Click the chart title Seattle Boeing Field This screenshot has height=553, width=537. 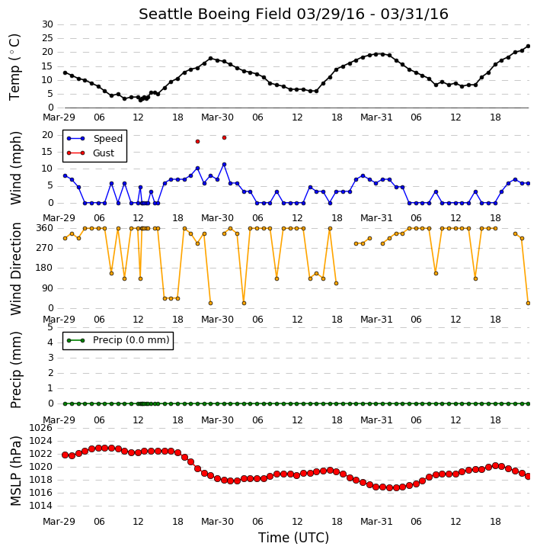tap(215, 14)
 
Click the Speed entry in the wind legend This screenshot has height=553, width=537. tap(94, 139)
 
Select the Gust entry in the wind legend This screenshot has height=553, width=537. tap(91, 153)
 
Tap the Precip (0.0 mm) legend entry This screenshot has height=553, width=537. tap(118, 340)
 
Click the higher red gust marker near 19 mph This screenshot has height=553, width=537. tap(224, 138)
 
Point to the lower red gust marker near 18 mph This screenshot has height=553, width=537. tap(197, 141)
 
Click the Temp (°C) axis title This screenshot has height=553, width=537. tap(14, 67)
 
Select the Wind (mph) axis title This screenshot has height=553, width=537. tap(15, 168)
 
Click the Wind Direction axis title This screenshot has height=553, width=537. tap(15, 268)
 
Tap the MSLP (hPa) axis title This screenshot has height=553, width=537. tap(15, 471)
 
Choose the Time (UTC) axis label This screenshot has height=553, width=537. tap(293, 538)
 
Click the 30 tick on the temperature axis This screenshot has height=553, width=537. tap(47, 24)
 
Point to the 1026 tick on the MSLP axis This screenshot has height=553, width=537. tap(40, 428)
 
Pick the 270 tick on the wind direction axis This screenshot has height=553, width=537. tap(45, 248)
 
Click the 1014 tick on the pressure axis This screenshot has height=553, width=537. tap(40, 506)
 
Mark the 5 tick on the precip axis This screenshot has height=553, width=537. tap(50, 327)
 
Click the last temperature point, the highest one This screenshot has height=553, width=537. tap(528, 47)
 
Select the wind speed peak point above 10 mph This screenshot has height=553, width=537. tap(224, 164)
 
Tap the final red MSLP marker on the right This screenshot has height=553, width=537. tap(528, 477)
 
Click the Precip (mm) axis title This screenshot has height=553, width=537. tap(15, 370)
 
